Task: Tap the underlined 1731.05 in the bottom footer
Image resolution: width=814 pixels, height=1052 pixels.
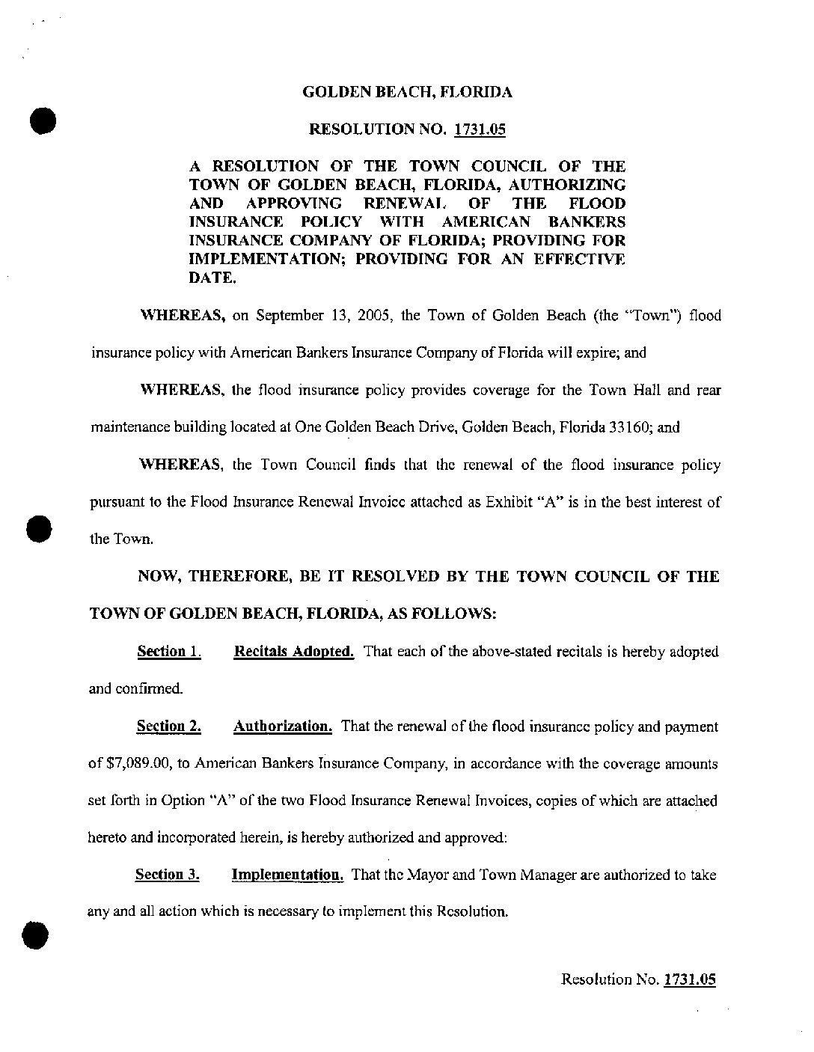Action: (x=690, y=979)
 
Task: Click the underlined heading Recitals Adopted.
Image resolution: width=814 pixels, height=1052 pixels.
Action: (x=294, y=651)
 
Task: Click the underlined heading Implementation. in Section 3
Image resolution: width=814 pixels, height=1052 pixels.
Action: (x=287, y=875)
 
